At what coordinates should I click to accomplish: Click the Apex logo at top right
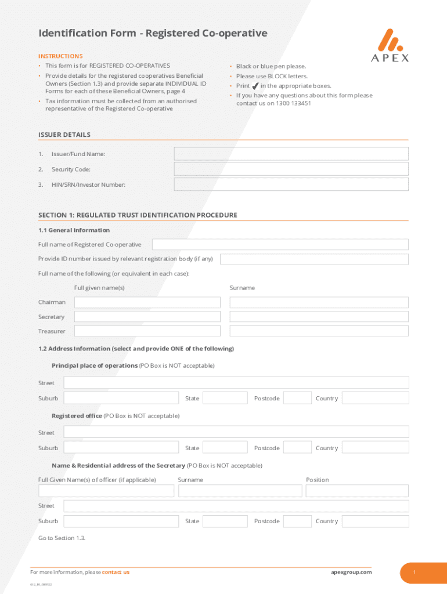tap(390, 45)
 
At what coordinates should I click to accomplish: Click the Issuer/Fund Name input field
tap(291, 154)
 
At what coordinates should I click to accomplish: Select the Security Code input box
tap(291, 169)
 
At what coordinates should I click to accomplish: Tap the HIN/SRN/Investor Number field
tap(291, 184)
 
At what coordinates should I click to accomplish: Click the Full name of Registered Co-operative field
tap(280, 244)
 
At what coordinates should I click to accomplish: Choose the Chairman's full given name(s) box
tap(147, 302)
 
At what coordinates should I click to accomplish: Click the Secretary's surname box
tap(319, 317)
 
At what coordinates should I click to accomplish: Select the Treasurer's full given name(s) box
tap(147, 331)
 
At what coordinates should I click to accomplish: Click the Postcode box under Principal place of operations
tap(297, 398)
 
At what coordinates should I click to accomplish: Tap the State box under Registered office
tap(225, 448)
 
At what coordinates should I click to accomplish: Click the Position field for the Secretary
tap(357, 491)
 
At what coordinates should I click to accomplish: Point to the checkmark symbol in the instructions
tap(255, 86)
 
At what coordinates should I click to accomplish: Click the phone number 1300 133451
tap(293, 103)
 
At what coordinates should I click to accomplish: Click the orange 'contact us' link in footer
tap(116, 572)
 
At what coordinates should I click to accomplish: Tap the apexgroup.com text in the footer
tap(351, 572)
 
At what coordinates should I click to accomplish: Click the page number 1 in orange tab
tap(414, 573)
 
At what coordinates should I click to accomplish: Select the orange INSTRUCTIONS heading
tap(60, 56)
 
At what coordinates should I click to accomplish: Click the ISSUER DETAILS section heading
tap(64, 135)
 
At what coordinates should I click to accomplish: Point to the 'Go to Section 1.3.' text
tap(62, 538)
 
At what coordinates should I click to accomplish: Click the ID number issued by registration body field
tap(313, 259)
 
